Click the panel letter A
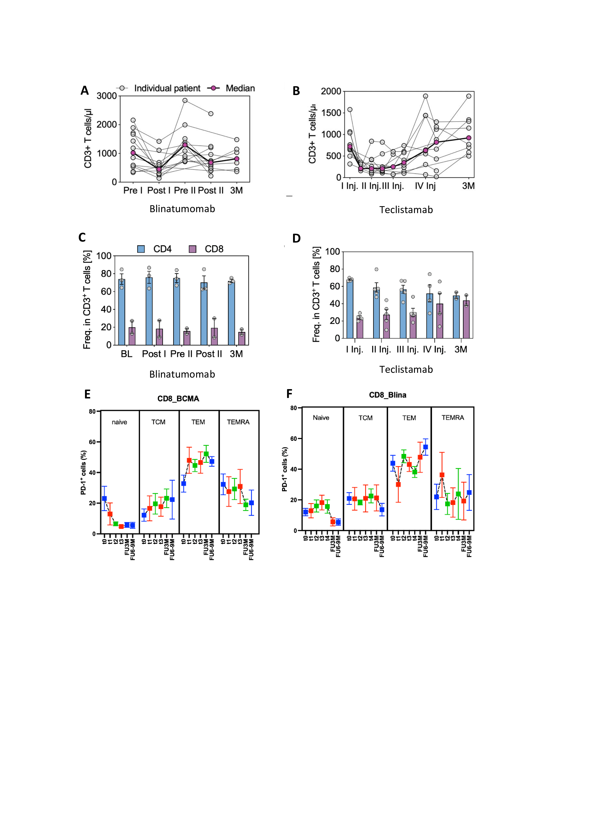(85, 90)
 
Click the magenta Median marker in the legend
(213, 88)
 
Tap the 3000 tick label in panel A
(107, 96)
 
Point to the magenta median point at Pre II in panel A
(185, 145)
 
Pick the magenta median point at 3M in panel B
(469, 138)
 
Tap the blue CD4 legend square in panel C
(141, 249)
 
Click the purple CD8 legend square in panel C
(192, 249)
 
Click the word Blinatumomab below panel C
(182, 374)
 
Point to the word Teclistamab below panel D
(406, 369)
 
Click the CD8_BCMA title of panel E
(178, 399)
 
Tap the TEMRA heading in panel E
(238, 422)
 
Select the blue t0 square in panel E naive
(104, 498)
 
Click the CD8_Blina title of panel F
(387, 395)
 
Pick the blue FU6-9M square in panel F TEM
(425, 447)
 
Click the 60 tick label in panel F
(293, 439)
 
